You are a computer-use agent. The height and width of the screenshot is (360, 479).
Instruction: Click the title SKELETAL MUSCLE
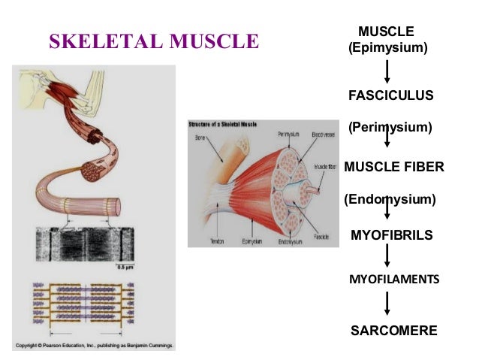153,40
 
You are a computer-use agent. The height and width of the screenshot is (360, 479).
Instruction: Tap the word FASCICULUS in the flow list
391,95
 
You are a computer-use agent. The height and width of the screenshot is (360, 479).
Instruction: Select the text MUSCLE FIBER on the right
394,167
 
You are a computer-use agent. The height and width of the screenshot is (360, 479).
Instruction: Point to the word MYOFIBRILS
392,235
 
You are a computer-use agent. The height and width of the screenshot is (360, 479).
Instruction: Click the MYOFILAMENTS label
393,279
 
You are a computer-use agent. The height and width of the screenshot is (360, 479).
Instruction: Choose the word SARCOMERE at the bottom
393,330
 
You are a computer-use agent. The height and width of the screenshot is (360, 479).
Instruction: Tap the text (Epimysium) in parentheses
387,48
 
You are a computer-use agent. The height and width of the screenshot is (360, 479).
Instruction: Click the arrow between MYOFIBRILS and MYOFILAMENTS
387,256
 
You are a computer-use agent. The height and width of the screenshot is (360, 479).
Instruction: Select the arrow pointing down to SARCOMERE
387,304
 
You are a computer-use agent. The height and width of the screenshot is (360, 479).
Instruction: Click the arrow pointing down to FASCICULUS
387,71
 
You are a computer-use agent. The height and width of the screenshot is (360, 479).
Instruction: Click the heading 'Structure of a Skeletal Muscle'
224,123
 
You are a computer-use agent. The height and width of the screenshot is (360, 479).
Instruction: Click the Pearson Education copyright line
94,346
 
